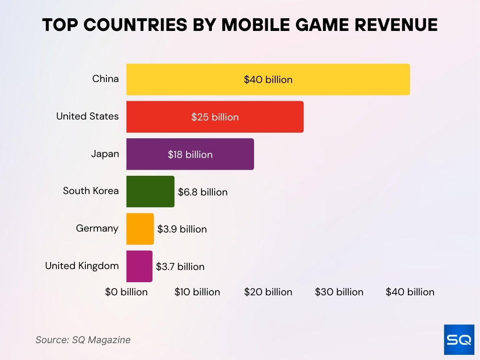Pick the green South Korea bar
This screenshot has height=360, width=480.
click(150, 192)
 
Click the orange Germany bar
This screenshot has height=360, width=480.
click(140, 229)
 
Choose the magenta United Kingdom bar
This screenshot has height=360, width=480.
click(139, 266)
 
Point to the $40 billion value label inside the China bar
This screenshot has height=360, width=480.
click(268, 80)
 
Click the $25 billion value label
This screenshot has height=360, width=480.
click(215, 117)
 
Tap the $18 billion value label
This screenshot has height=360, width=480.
click(190, 155)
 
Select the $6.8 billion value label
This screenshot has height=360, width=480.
click(202, 192)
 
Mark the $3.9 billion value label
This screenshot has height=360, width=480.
click(182, 229)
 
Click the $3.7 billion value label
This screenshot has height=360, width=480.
click(180, 267)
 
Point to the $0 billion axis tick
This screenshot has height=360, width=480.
click(126, 292)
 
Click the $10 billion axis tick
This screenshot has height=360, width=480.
click(197, 292)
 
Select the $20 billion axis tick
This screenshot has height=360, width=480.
click(268, 292)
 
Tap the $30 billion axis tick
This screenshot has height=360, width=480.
click(339, 292)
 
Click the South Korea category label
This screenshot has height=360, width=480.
click(91, 191)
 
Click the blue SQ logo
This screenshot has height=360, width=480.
click(459, 339)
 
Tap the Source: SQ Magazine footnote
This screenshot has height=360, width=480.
click(83, 340)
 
